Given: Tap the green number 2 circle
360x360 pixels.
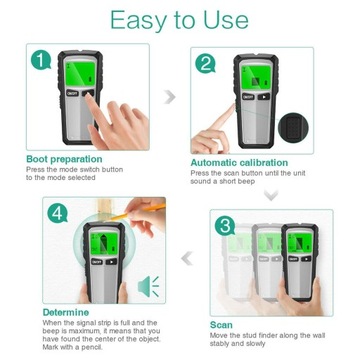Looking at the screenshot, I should (x=204, y=64).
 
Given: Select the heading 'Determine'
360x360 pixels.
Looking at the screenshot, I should (x=66, y=311).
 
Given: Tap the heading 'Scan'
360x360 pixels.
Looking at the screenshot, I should (x=221, y=324).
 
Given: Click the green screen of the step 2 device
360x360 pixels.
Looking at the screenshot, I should (x=251, y=75).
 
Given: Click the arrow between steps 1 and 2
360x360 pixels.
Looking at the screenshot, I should (x=170, y=97).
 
